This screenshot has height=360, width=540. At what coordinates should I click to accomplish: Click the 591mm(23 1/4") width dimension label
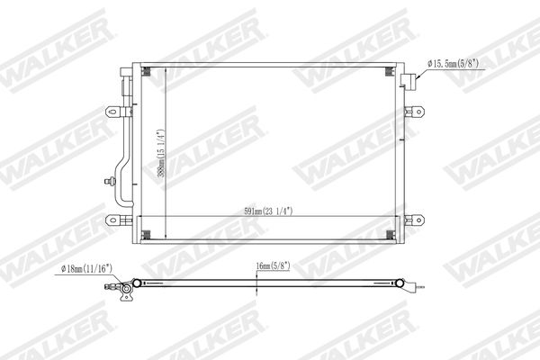point(268,211)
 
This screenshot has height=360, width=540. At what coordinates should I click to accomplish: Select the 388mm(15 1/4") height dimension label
point(161,153)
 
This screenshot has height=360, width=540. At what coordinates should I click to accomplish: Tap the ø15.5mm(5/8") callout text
point(454,63)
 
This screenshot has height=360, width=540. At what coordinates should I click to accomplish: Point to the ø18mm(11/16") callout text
point(86,269)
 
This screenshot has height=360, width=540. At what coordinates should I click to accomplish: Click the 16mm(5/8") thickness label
point(273,265)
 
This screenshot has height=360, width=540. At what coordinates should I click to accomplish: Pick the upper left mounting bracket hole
point(112,112)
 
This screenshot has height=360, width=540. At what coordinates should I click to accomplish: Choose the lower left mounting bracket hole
point(112,220)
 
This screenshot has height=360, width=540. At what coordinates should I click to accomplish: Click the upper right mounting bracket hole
point(418,112)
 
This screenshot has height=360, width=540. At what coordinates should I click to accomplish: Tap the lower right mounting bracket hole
point(418,220)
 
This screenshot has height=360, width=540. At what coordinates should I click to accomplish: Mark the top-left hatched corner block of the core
point(147,71)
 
